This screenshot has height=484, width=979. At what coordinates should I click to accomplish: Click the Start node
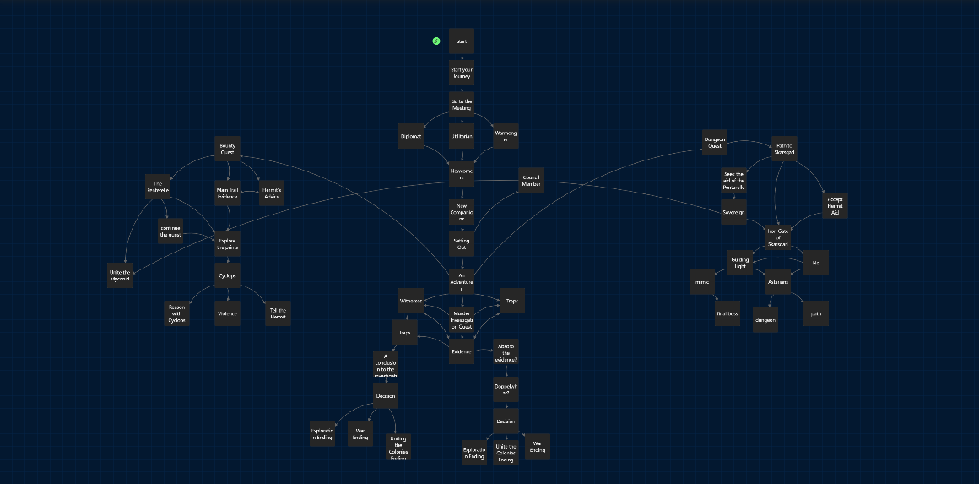point(461,41)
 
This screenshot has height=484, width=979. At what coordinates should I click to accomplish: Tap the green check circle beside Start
point(436,41)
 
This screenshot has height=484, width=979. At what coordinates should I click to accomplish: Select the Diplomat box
point(411,136)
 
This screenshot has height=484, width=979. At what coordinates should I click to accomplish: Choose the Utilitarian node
point(461,136)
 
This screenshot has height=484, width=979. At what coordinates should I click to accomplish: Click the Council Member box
point(530,181)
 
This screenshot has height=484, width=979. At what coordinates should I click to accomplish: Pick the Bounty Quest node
point(227,149)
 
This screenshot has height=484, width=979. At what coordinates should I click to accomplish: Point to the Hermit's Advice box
point(271,193)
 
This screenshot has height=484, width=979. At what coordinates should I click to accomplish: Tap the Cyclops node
point(227,276)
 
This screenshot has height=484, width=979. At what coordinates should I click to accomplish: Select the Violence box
point(227,313)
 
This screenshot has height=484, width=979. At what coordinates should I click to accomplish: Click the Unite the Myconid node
point(120,275)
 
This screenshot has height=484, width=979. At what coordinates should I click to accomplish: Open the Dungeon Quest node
point(715,144)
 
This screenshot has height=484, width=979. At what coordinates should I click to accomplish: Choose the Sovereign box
point(733,212)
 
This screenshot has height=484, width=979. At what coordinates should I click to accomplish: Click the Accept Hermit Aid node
point(834,207)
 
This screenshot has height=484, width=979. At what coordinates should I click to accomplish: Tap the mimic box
point(702,281)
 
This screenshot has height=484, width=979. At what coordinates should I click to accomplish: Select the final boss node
point(727,313)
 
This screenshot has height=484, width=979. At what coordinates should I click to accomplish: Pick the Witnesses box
point(411,301)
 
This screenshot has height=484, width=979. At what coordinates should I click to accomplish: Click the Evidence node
point(461,351)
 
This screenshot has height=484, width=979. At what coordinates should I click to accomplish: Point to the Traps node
point(511,301)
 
